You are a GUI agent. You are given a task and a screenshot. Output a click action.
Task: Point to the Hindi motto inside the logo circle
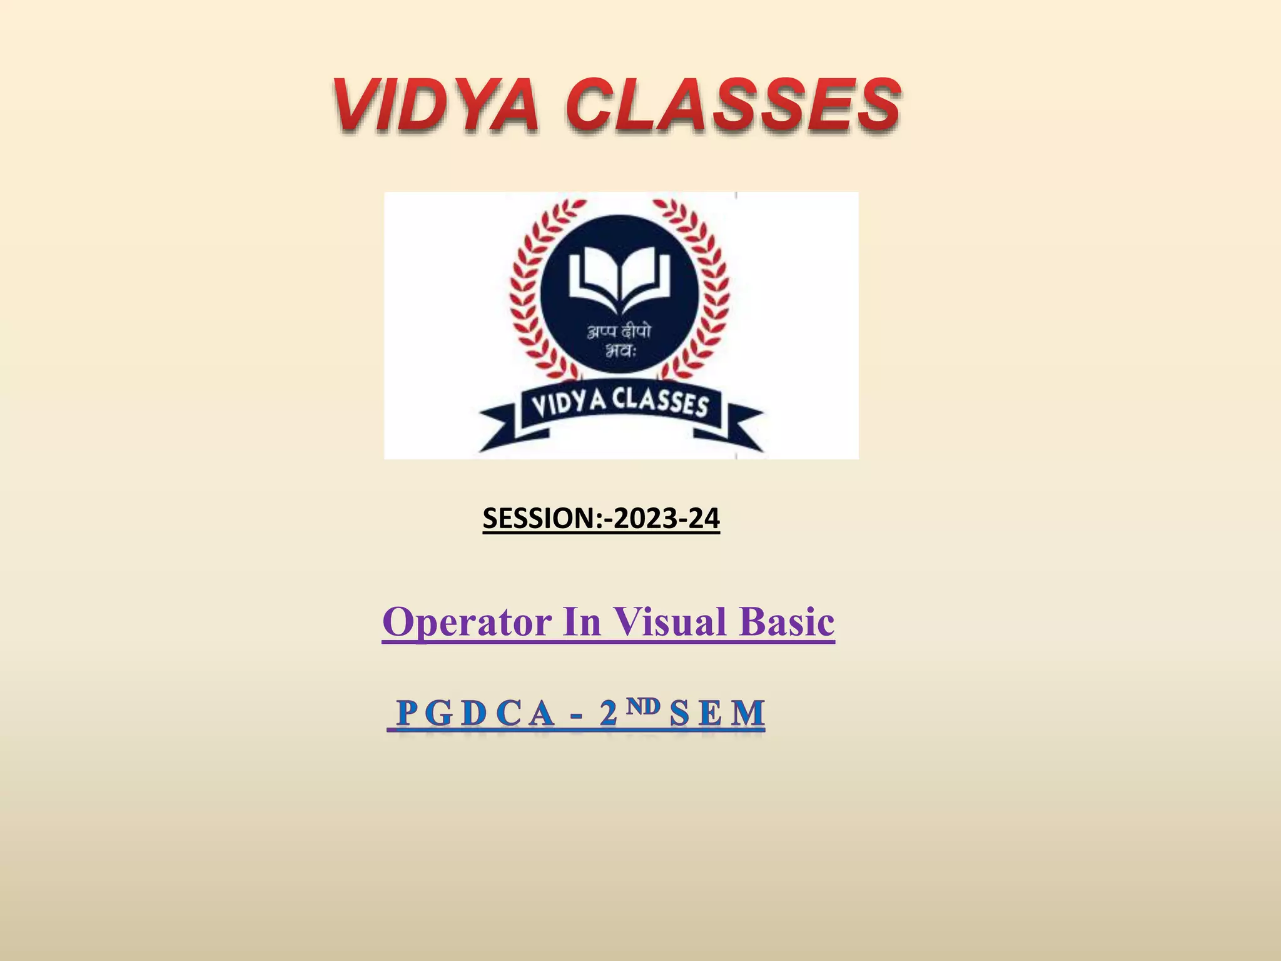(x=619, y=341)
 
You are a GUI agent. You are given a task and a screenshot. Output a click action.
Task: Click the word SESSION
(x=540, y=519)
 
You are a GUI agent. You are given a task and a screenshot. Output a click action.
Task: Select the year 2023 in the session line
(x=644, y=519)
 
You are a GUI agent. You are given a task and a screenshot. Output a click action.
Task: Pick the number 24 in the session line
(x=703, y=519)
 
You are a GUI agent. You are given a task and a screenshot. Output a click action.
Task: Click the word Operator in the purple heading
(x=467, y=623)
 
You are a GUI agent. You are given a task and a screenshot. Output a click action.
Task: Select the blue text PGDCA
(x=475, y=713)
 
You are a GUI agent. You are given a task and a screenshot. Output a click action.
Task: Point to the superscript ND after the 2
(x=644, y=706)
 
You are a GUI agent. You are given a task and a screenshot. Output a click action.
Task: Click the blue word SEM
(x=717, y=713)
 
